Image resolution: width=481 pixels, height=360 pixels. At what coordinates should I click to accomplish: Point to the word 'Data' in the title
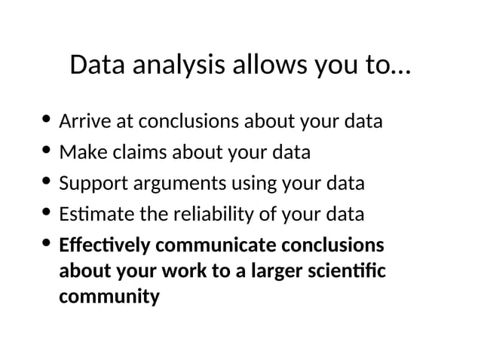[97, 66]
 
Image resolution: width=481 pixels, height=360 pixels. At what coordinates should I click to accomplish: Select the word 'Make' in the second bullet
[78, 152]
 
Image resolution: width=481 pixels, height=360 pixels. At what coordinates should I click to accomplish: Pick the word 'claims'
[131, 152]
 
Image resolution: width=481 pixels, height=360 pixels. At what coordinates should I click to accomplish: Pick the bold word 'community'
[109, 297]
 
